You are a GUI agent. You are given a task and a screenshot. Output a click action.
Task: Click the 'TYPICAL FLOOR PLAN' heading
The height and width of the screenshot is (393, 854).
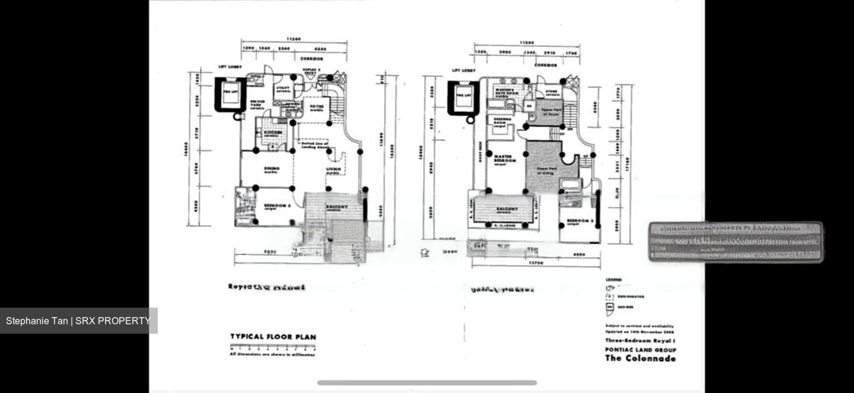pyautogui.click(x=273, y=337)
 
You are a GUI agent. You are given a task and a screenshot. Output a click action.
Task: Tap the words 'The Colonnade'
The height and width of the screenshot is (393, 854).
pyautogui.click(x=640, y=358)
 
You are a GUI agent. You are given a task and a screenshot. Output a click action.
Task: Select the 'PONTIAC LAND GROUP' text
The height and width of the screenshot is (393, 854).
pyautogui.click(x=640, y=350)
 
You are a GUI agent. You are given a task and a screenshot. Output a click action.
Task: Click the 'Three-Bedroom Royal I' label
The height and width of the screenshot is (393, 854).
pyautogui.click(x=640, y=341)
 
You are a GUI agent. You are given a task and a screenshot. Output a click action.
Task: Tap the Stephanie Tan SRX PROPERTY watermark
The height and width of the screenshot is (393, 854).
pyautogui.click(x=78, y=321)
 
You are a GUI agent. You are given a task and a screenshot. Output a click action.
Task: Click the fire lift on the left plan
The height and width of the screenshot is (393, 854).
pyautogui.click(x=230, y=94)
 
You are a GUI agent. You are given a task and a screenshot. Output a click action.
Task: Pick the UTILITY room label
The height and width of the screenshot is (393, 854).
pyautogui.click(x=283, y=89)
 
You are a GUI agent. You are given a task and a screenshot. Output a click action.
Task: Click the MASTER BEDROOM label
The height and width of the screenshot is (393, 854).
pyautogui.click(x=505, y=158)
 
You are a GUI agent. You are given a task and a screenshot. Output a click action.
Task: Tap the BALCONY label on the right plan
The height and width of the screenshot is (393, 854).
pyautogui.click(x=506, y=209)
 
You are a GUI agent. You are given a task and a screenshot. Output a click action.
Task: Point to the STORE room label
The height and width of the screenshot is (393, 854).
pyautogui.click(x=552, y=92)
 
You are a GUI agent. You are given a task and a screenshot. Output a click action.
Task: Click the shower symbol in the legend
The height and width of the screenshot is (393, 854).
pyautogui.click(x=609, y=307)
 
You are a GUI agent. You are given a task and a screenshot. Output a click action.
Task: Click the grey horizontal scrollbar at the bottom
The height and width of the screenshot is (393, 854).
pyautogui.click(x=427, y=383)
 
